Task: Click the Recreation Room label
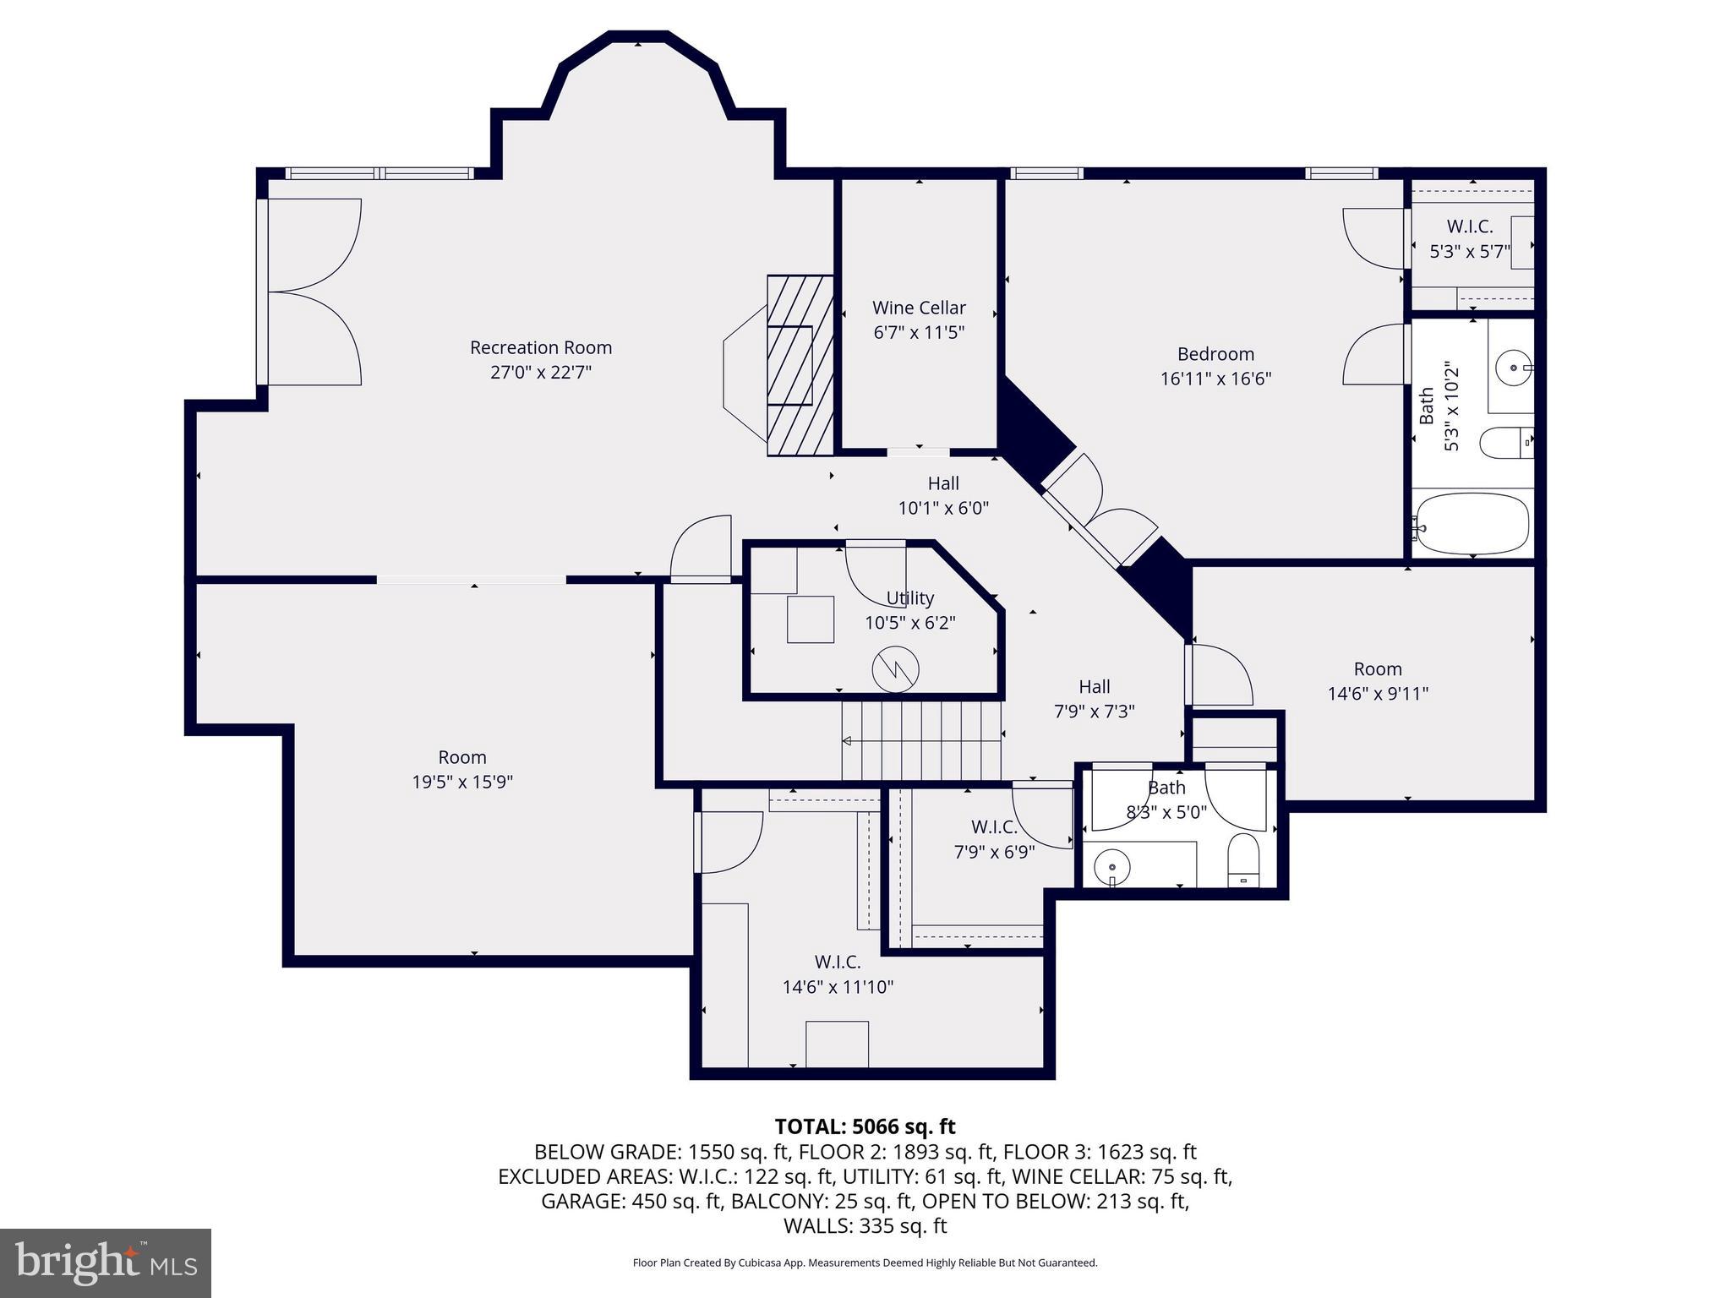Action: click(540, 347)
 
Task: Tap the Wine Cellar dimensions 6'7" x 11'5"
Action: click(919, 332)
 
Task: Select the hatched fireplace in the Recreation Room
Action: click(798, 365)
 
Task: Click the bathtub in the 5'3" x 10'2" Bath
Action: click(1472, 524)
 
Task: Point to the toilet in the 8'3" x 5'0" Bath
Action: click(1243, 861)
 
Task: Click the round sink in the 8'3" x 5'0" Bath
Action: click(1112, 866)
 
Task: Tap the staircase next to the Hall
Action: click(921, 742)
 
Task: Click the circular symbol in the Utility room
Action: click(895, 669)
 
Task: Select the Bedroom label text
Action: click(1215, 354)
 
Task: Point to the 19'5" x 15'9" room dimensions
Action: click(462, 782)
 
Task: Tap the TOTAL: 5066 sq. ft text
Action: click(865, 1126)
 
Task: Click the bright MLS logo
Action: click(106, 1263)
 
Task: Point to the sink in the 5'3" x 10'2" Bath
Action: click(1510, 368)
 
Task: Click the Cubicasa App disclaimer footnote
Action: click(865, 1263)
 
